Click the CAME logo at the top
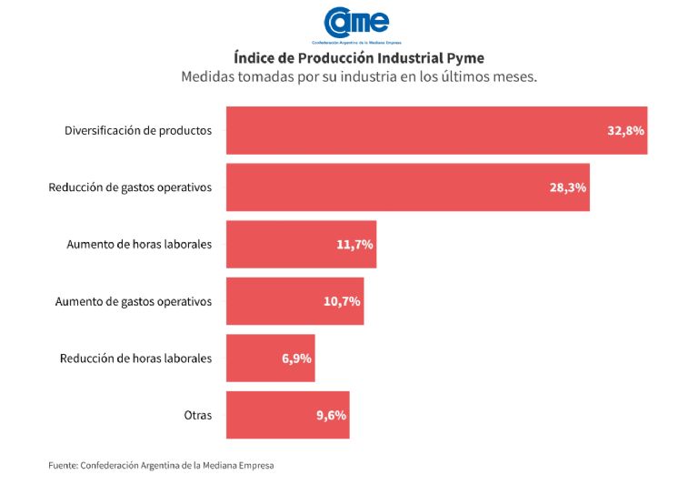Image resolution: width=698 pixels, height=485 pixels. [357, 25]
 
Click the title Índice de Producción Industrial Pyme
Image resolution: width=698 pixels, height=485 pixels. [359, 58]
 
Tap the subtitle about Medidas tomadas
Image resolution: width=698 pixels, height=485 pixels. [359, 77]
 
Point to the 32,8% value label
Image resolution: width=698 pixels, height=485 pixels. [625, 130]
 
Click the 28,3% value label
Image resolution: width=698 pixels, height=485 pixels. [567, 187]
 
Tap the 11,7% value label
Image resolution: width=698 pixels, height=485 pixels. [354, 244]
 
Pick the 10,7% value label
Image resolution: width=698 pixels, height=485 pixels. [342, 301]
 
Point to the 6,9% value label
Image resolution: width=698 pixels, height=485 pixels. [296, 359]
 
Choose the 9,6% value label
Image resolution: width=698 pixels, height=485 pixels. [331, 415]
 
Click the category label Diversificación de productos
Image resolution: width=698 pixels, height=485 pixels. [138, 130]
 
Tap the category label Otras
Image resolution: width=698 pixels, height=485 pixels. [197, 415]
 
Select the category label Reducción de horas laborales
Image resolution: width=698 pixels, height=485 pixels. [135, 359]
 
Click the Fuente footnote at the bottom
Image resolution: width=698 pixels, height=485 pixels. [161, 465]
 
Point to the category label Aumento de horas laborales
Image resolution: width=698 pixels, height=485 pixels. [139, 244]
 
